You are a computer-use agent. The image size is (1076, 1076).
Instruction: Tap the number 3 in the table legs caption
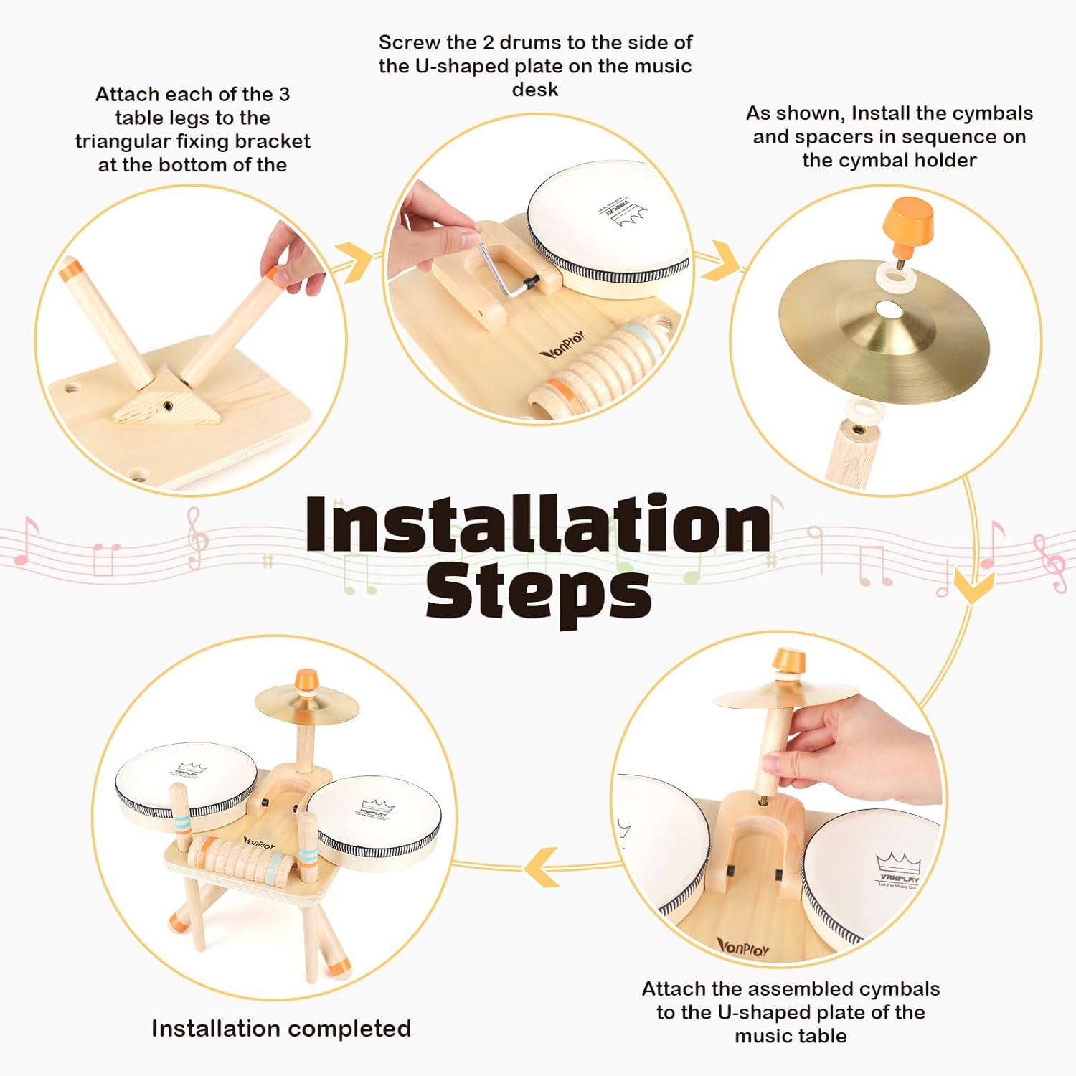[x=284, y=94]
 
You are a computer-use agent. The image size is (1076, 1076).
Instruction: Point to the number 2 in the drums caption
[x=489, y=43]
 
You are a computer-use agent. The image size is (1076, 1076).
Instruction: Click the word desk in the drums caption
[x=535, y=90]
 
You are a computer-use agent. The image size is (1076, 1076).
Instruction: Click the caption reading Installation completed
[x=281, y=1029]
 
